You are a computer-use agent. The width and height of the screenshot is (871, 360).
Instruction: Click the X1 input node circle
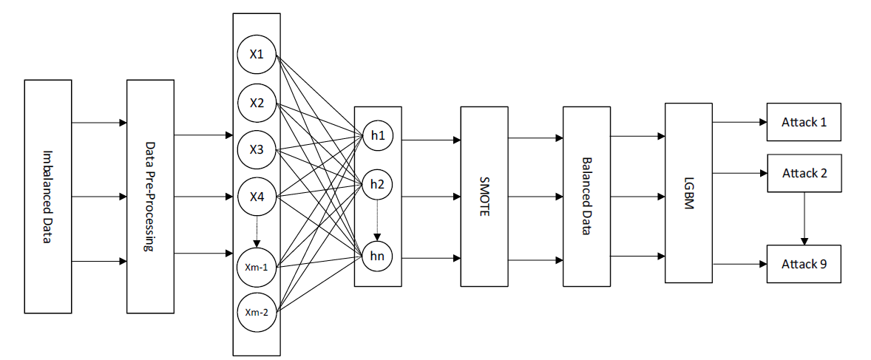tap(257, 55)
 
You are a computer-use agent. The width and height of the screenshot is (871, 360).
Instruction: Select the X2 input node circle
tap(257, 103)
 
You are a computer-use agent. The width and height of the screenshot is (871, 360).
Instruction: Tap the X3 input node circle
tap(257, 149)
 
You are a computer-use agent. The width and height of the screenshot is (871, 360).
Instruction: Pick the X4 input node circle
tap(257, 197)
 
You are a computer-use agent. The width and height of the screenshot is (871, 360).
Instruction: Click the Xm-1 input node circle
tap(257, 266)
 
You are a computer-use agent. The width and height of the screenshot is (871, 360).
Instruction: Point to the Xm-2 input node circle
tap(257, 312)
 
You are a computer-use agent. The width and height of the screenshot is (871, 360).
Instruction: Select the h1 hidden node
tap(377, 136)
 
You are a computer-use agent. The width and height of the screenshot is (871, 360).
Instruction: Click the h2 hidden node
tap(377, 184)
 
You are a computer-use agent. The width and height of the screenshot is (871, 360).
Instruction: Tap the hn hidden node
tap(377, 256)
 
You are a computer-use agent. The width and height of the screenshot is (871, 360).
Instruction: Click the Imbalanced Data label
tap(47, 197)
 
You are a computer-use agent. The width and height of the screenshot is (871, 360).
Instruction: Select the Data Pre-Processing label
tap(150, 197)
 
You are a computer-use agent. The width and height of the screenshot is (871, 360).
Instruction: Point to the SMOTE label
tap(484, 197)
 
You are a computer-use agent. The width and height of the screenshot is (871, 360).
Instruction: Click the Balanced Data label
tap(586, 196)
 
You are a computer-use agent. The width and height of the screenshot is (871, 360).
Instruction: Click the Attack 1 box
tap(804, 122)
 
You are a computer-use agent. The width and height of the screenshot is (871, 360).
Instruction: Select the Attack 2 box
tap(804, 174)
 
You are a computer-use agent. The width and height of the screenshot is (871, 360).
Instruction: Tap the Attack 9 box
tap(804, 264)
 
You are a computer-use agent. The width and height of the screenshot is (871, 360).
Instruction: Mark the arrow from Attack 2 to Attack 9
tap(804, 219)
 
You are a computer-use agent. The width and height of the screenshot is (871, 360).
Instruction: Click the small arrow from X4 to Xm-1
tap(257, 230)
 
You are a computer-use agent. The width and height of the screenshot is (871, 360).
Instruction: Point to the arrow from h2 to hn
tap(377, 220)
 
